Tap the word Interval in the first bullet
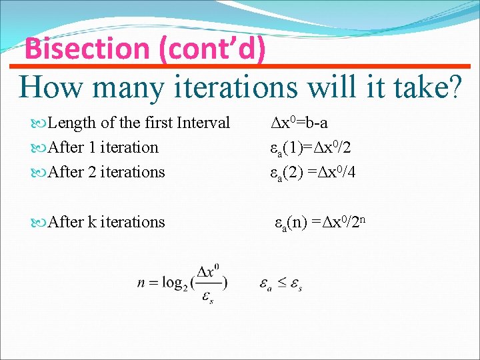(202, 123)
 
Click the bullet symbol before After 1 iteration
(39, 147)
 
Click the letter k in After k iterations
(91, 222)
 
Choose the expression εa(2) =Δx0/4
(312, 172)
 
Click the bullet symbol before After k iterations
(39, 222)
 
